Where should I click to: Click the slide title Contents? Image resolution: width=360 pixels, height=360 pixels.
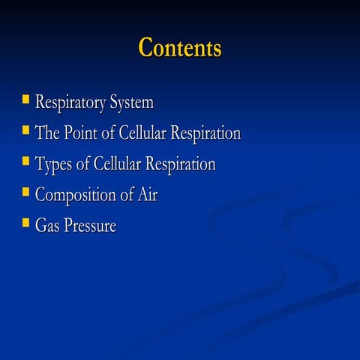tap(180, 48)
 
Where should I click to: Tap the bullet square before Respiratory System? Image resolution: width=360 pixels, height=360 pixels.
tap(25, 99)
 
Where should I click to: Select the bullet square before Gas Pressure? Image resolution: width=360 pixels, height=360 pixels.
tap(25, 223)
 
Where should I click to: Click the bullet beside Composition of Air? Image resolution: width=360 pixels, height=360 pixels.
tap(25, 192)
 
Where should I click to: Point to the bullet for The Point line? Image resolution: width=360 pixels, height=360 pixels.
tap(25, 130)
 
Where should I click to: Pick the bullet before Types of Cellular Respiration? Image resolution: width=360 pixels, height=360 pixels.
tap(25, 161)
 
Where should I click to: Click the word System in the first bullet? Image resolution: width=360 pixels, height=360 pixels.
tap(132, 103)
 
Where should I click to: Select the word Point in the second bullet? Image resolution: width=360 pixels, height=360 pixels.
tap(82, 133)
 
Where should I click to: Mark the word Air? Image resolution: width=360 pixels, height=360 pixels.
tap(146, 195)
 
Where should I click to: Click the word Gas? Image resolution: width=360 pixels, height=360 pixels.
tap(47, 226)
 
